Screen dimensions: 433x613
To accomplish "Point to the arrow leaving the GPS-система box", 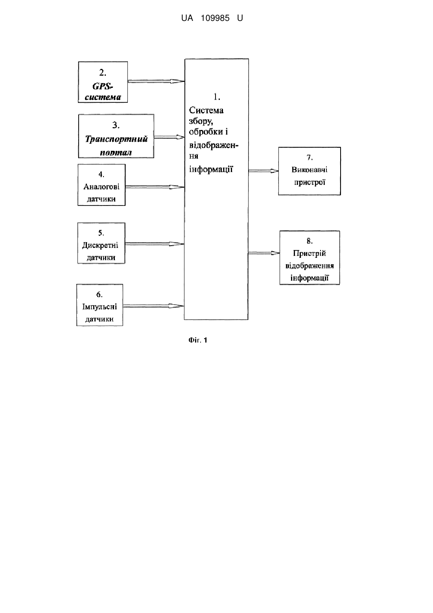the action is (x=156, y=81).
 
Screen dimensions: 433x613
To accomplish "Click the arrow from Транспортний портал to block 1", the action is (x=169, y=137).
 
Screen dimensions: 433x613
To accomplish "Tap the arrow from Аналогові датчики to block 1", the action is (x=155, y=187).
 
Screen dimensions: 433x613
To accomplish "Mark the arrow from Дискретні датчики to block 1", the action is (x=155, y=244).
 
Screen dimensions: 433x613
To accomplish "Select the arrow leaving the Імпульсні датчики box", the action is (x=154, y=306).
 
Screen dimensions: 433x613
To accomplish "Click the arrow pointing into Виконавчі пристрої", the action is (x=263, y=171).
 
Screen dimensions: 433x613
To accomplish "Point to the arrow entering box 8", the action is (x=264, y=253).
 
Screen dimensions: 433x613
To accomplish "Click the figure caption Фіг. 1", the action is (x=198, y=340).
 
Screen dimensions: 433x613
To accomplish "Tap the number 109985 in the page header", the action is (x=215, y=18).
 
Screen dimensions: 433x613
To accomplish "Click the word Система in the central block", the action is (x=206, y=110).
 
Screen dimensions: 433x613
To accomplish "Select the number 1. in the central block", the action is (x=217, y=96).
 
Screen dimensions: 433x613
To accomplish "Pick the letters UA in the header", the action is (x=187, y=18).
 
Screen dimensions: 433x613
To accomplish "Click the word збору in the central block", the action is (x=201, y=121).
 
